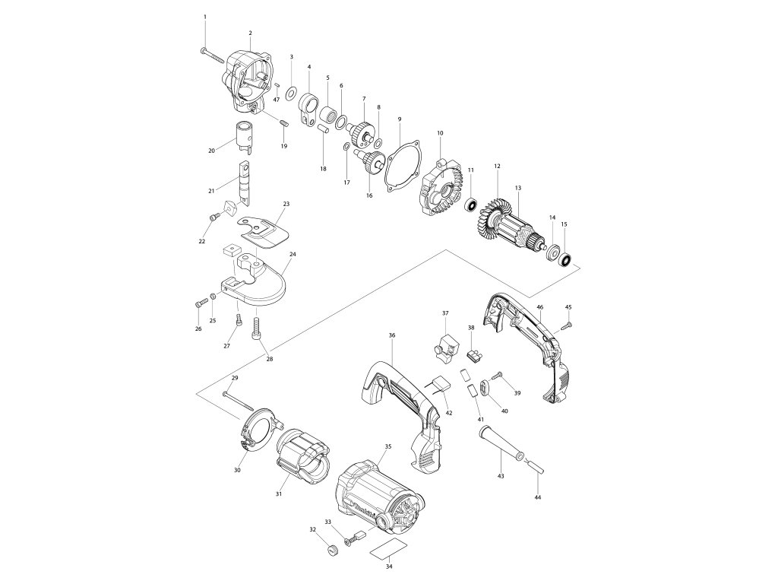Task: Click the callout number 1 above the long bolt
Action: click(x=205, y=17)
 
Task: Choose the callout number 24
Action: click(x=293, y=254)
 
